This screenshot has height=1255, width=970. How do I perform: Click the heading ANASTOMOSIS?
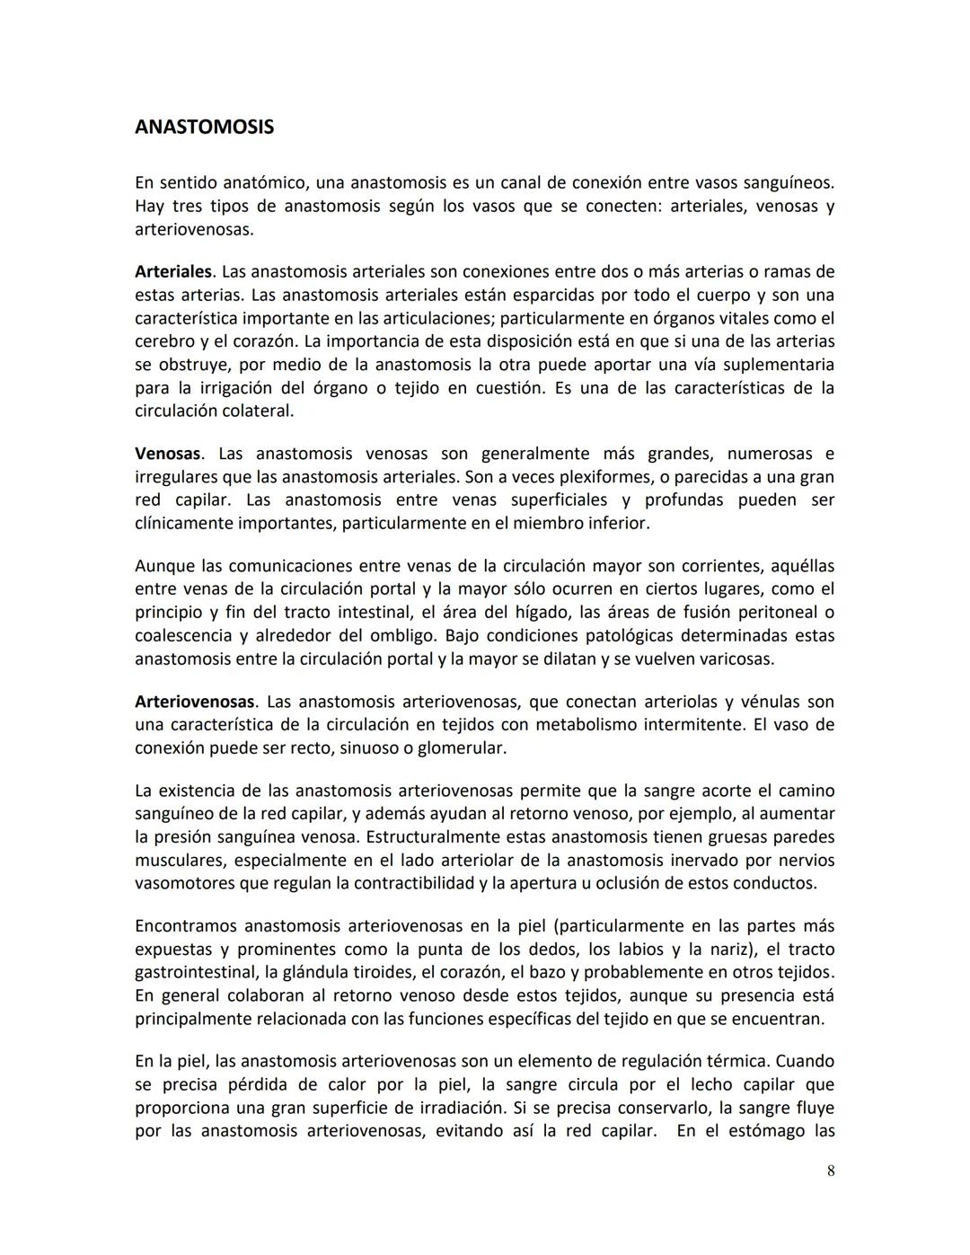(x=204, y=127)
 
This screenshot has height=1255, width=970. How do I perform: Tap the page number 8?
(x=831, y=1171)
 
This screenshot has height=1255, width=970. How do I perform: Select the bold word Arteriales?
(x=173, y=271)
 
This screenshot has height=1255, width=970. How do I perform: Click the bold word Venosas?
(x=167, y=454)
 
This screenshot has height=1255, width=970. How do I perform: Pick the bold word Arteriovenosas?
(x=195, y=702)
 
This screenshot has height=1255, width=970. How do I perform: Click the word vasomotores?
(x=183, y=883)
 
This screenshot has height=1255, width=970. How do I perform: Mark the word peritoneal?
(x=780, y=613)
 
